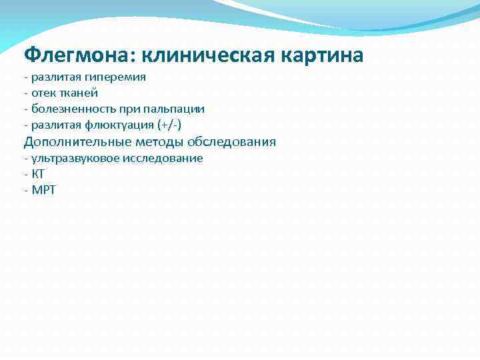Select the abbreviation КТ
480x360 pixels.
[38, 175]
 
